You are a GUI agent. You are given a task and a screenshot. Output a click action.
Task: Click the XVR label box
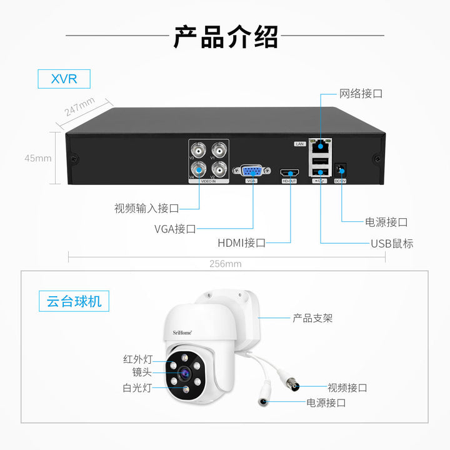63,79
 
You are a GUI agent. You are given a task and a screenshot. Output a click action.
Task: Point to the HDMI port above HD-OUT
289,172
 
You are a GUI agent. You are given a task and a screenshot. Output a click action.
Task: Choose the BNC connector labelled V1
219,150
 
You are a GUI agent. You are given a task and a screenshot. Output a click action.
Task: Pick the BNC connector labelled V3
199,150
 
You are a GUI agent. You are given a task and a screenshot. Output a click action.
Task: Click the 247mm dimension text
80,106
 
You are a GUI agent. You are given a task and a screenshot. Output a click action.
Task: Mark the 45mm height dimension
38,158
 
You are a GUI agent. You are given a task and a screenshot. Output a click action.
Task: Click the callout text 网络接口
361,94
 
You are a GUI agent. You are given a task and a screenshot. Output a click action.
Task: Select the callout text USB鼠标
392,243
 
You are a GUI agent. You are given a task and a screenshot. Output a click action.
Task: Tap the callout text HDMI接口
241,242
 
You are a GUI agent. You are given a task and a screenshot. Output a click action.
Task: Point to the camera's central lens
186,374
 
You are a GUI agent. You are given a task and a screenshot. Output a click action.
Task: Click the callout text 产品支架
312,318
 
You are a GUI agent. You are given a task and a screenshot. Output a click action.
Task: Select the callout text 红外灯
137,359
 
